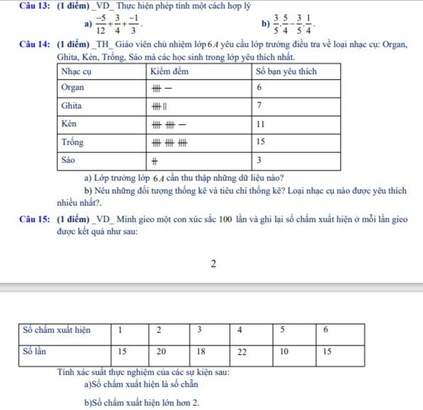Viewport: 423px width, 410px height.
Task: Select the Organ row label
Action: pyautogui.click(x=73, y=88)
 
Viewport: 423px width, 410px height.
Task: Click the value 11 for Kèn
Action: pyautogui.click(x=260, y=124)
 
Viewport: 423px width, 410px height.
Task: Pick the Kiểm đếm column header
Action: pyautogui.click(x=169, y=71)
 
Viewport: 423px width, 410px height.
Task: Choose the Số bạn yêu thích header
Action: pyautogui.click(x=286, y=71)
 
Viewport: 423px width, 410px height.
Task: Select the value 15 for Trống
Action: pyautogui.click(x=260, y=142)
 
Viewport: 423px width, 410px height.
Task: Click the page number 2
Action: pyautogui.click(x=213, y=264)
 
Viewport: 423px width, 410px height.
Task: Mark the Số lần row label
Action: pyautogui.click(x=34, y=352)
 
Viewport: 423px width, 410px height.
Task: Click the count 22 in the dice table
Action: pyautogui.click(x=242, y=352)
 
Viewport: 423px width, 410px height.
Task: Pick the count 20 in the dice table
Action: pyautogui.click(x=161, y=352)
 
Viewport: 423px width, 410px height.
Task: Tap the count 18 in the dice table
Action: pyautogui.click(x=201, y=352)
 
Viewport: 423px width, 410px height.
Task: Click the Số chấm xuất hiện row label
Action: pyautogui.click(x=57, y=330)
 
